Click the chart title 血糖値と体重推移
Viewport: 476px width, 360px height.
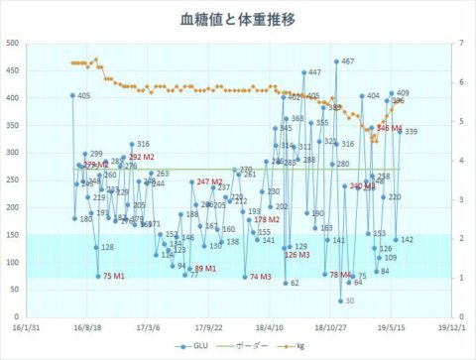[237, 18]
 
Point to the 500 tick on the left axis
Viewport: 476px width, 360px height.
[13, 43]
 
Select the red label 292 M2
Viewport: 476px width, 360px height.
[142, 158]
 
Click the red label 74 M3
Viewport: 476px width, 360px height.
[261, 277]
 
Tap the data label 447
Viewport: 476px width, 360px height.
[314, 72]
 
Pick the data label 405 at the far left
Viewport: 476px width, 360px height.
[83, 95]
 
